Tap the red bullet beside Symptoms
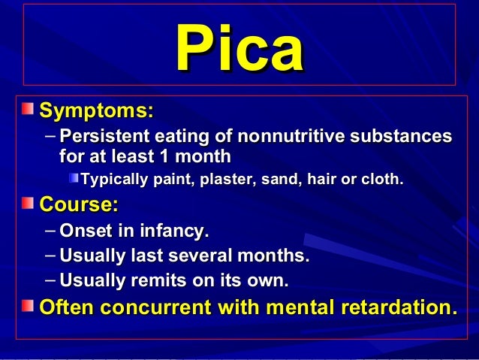(x=27, y=111)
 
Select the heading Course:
(x=79, y=204)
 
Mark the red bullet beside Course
(x=27, y=204)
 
